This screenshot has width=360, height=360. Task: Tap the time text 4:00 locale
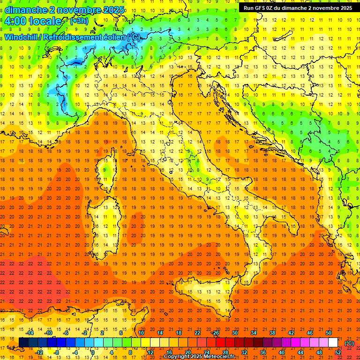(x=33, y=21)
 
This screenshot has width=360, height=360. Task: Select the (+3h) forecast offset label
(x=78, y=21)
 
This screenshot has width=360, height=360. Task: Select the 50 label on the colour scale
(x=328, y=333)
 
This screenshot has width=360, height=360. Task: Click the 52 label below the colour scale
(x=337, y=352)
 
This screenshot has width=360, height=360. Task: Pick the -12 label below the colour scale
(x=39, y=352)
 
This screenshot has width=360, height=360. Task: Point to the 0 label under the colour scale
(x=93, y=352)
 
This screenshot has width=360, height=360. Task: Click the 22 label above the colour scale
(x=197, y=333)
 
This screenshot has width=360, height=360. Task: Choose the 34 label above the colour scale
(x=253, y=333)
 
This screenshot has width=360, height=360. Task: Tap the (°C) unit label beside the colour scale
(x=349, y=343)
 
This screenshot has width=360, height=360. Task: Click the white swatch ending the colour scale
(x=333, y=342)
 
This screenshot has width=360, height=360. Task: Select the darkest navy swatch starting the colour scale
(x=24, y=342)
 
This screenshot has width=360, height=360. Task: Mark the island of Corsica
(x=107, y=171)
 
